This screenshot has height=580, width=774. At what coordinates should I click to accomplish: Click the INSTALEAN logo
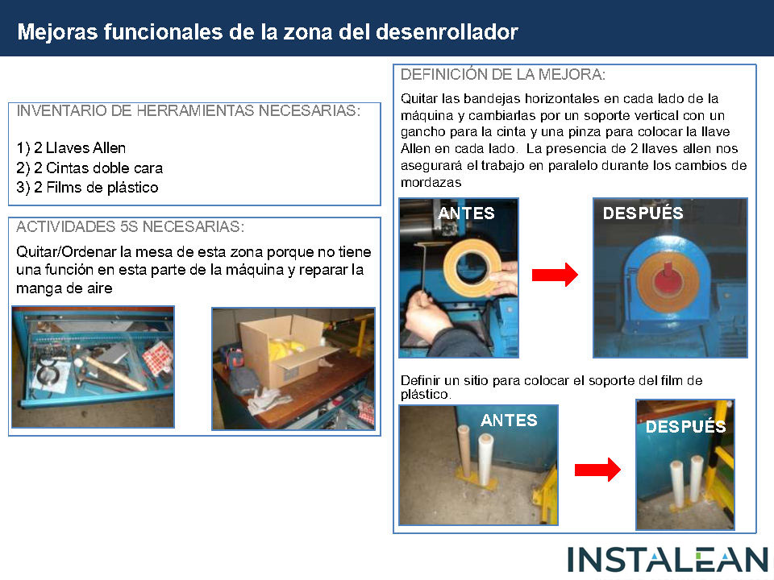click(x=668, y=561)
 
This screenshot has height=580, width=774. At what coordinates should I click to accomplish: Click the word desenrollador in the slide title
click(x=447, y=32)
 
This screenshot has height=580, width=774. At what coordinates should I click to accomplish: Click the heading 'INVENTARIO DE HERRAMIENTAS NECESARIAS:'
click(x=189, y=110)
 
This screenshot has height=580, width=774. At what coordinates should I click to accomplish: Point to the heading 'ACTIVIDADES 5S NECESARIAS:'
click(x=131, y=227)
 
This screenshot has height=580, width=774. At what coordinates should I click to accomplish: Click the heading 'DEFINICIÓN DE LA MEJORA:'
click(x=503, y=74)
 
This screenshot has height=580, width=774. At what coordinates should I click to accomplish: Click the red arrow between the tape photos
click(x=555, y=275)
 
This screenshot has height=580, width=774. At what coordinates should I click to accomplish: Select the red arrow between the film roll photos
click(x=597, y=470)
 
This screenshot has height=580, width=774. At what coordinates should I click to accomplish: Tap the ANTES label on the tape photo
click(x=466, y=213)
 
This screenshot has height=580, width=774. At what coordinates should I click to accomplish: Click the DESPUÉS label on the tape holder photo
click(x=643, y=213)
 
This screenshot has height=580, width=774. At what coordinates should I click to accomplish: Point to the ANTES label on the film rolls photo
click(x=509, y=420)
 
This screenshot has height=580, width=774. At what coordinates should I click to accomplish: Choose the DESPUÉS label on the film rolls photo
click(x=685, y=427)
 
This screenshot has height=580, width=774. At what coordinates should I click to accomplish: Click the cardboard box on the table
click(x=281, y=353)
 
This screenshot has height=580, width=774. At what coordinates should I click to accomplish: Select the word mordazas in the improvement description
click(x=431, y=183)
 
